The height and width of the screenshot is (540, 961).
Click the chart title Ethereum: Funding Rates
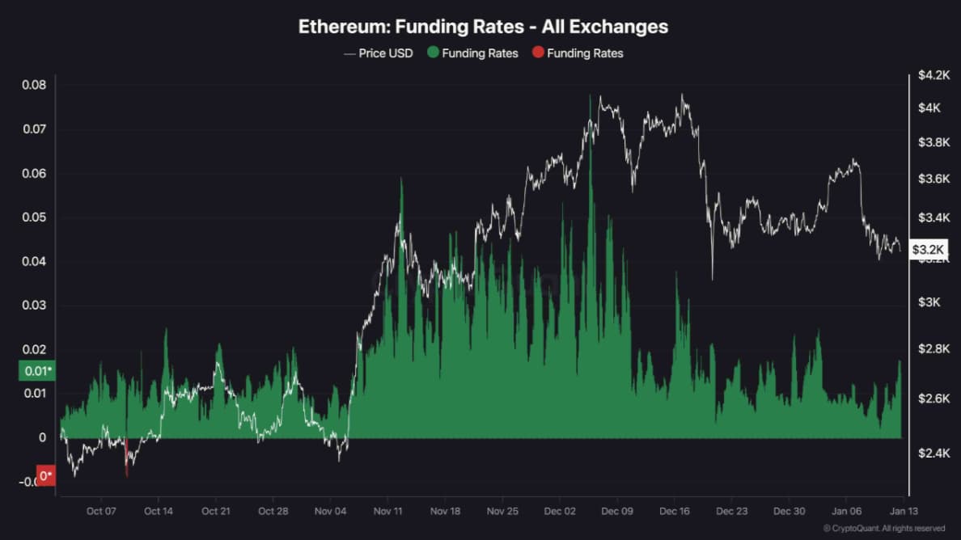(x=483, y=26)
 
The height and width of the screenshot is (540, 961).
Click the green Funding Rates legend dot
(x=433, y=53)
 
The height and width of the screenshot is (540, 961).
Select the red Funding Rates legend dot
(x=538, y=53)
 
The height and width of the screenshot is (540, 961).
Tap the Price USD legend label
(x=385, y=53)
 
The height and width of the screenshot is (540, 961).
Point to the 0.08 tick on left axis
(x=33, y=86)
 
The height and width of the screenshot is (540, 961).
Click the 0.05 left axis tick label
(x=33, y=217)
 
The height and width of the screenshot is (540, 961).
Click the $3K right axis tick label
(x=929, y=302)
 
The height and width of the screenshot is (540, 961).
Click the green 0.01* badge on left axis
(x=37, y=371)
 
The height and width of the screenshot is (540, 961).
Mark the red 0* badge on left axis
(x=46, y=476)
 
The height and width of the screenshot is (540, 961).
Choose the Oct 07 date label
(x=101, y=511)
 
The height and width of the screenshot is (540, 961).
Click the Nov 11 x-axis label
(x=388, y=511)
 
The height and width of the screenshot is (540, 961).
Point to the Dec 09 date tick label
(x=616, y=511)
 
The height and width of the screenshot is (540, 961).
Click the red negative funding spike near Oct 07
(x=126, y=458)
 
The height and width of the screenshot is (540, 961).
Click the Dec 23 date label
(x=731, y=511)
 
